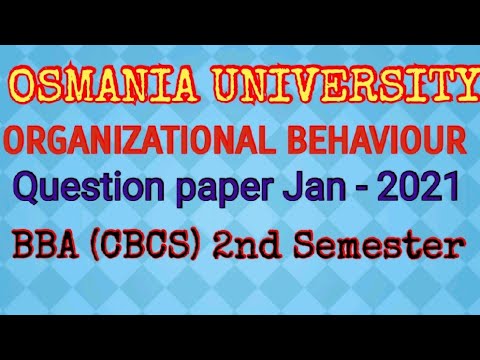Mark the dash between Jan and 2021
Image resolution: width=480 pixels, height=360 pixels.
(371, 189)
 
